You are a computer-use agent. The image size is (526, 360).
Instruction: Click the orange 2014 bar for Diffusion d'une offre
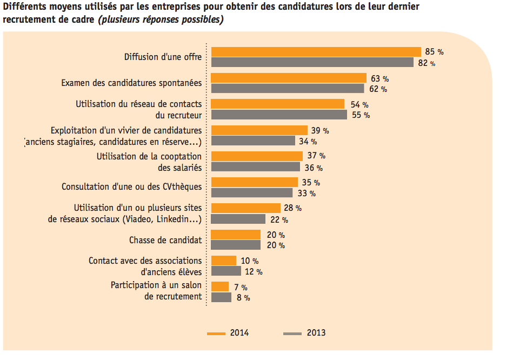pyautogui.click(x=316, y=52)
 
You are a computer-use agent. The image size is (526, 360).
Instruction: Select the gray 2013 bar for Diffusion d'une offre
pyautogui.click(x=312, y=63)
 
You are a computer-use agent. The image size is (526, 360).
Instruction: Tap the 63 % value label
pyautogui.click(x=379, y=78)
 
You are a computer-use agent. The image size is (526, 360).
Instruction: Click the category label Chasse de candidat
pyautogui.click(x=165, y=240)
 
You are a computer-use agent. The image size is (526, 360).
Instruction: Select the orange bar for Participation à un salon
pyautogui.click(x=219, y=286)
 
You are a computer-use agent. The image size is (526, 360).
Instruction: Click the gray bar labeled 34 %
pyautogui.click(x=253, y=141)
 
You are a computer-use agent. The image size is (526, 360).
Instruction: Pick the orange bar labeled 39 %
pyautogui.click(x=259, y=130)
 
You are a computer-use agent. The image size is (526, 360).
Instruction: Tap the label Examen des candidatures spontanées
pyautogui.click(x=131, y=83)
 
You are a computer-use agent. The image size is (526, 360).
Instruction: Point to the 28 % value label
pyautogui.click(x=293, y=208)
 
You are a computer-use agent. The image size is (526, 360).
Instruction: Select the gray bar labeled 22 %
pyautogui.click(x=238, y=219)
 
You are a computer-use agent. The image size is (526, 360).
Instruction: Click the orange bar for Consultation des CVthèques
pyautogui.click(x=254, y=182)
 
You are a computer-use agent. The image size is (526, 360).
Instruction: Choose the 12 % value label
pyautogui.click(x=254, y=271)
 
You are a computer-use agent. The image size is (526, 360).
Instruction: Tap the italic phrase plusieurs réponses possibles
pyautogui.click(x=160, y=19)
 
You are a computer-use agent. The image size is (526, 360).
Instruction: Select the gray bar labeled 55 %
pyautogui.click(x=279, y=115)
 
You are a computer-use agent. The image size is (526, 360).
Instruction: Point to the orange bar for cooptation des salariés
pyautogui.click(x=257, y=156)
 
